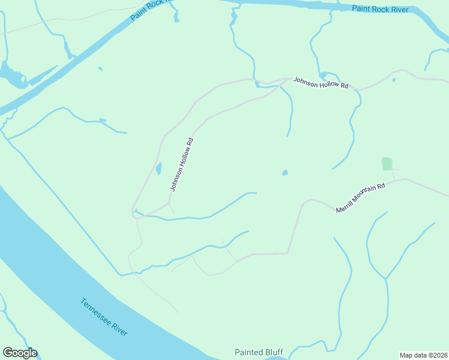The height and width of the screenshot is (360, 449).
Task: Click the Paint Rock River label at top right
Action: pyautogui.click(x=380, y=9)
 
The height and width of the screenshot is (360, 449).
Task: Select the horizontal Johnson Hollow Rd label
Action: pyautogui.click(x=321, y=83)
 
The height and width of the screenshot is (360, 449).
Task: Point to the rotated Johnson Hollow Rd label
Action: pyautogui.click(x=182, y=164)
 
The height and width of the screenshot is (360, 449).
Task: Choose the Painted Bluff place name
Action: pyautogui.click(x=258, y=352)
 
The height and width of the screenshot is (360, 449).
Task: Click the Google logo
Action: pyautogui.click(x=20, y=353)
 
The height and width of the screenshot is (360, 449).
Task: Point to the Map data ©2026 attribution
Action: pyautogui.click(x=423, y=355)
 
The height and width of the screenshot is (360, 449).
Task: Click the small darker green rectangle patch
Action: pyautogui.click(x=387, y=163)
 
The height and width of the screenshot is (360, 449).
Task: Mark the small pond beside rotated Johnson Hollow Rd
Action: pyautogui.click(x=159, y=169)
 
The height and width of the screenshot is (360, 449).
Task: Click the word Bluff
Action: pyautogui.click(x=273, y=352)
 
